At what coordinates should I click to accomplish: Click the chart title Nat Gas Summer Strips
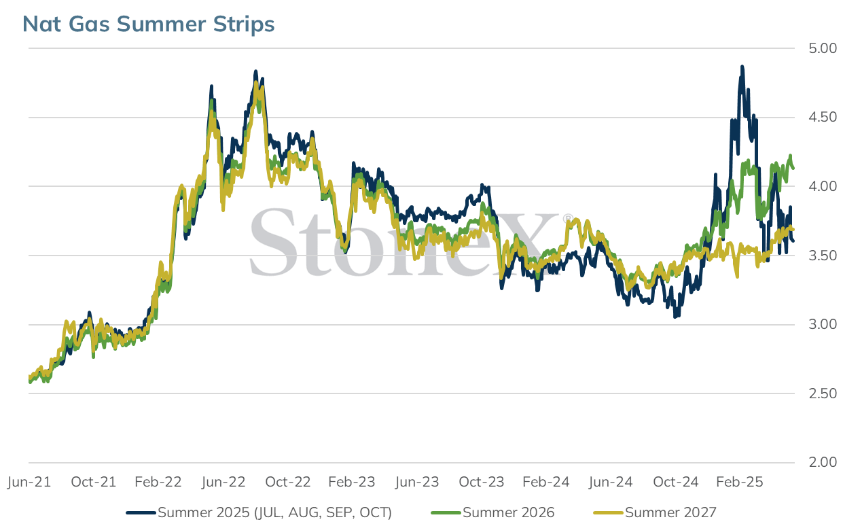tap(149, 24)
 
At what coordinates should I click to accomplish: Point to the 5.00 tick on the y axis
tap(823, 48)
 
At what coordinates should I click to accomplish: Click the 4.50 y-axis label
tap(823, 118)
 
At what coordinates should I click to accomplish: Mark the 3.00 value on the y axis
tap(823, 325)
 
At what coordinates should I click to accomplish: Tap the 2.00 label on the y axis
tap(823, 462)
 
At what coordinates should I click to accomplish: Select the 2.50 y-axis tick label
tap(823, 393)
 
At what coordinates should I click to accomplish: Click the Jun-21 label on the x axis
tap(29, 482)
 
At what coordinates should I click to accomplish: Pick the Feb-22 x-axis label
tap(158, 482)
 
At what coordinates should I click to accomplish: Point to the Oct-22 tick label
tap(288, 482)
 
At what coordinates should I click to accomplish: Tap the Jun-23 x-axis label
tap(417, 482)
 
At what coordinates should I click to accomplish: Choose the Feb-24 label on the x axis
tap(546, 482)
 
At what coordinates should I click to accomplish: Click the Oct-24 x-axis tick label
tap(675, 482)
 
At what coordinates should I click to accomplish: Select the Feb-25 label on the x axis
tap(740, 482)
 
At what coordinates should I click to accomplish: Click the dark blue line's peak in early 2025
tap(742, 67)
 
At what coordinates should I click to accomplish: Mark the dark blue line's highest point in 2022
tap(255, 71)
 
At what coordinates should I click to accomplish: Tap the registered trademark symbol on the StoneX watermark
tap(568, 219)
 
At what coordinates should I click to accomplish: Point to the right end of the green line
tap(793, 168)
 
